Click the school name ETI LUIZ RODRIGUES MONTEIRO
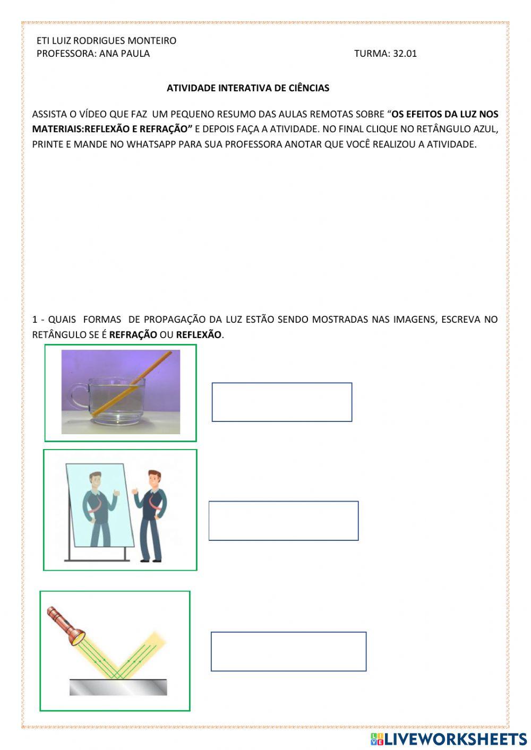click(x=106, y=40)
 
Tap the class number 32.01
click(x=405, y=53)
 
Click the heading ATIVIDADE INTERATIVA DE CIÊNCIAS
click(x=248, y=88)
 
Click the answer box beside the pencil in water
click(x=281, y=402)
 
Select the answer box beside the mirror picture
click(x=284, y=521)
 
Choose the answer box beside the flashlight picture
click(x=288, y=651)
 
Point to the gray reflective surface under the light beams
click(x=118, y=687)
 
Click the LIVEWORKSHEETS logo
click(x=449, y=739)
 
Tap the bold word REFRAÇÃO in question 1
click(x=133, y=334)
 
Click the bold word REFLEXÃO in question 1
click(x=199, y=334)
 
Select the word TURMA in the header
click(x=372, y=53)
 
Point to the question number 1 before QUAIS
click(x=35, y=320)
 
